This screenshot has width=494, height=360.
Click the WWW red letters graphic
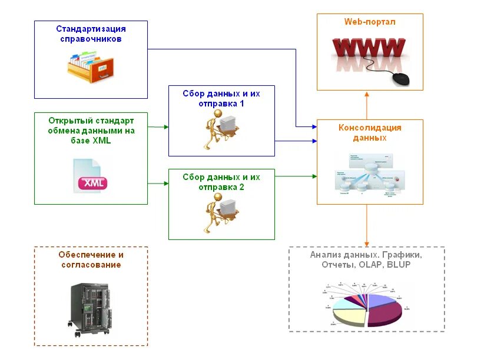point(369,47)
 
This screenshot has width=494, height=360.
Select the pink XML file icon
point(91,176)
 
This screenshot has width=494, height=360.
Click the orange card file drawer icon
point(90,65)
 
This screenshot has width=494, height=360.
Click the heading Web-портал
point(370,22)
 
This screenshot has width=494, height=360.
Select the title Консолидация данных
point(370,133)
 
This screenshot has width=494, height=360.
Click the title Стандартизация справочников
point(91,34)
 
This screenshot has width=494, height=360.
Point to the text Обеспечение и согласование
point(91,259)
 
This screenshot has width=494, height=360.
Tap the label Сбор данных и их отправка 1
point(221,98)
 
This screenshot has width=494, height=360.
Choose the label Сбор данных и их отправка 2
point(221,182)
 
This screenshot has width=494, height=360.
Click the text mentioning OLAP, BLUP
point(366,265)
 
